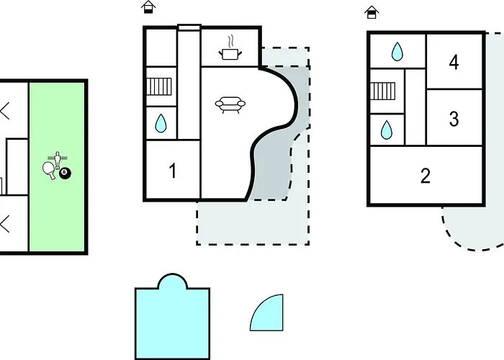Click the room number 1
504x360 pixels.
[x=173, y=171]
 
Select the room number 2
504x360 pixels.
[x=426, y=176]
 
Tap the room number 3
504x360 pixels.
[x=454, y=119]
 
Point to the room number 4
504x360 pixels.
[x=454, y=63]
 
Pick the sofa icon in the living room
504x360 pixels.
[x=230, y=105]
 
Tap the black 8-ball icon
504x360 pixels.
[x=65, y=173]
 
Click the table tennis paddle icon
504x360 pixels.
[x=49, y=170]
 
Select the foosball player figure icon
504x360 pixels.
[x=58, y=160]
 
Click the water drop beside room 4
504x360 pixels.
[x=397, y=51]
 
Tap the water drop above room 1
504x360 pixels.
[x=161, y=123]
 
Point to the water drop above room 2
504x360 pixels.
[x=387, y=130]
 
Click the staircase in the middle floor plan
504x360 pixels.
[x=159, y=86]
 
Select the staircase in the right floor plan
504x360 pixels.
[x=382, y=91]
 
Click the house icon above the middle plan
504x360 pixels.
[x=148, y=7]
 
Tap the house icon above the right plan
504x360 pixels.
[x=372, y=12]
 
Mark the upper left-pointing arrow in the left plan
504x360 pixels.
[x=5, y=111]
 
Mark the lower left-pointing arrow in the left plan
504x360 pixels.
[x=5, y=224]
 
